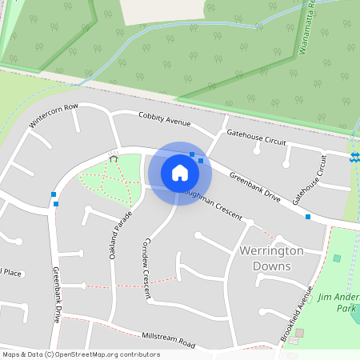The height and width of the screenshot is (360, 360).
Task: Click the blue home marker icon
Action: [180, 173]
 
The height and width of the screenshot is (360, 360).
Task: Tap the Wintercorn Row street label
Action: [54, 116]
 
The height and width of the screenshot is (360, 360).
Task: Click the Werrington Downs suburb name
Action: [272, 258]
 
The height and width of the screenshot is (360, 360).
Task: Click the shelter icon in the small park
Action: [113, 158]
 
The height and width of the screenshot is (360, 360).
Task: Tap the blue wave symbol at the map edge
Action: [354, 155]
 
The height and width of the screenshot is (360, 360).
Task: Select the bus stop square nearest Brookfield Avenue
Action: [307, 216]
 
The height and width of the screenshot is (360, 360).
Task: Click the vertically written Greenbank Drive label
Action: [58, 294]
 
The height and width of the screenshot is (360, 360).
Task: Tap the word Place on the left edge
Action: [10, 272]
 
